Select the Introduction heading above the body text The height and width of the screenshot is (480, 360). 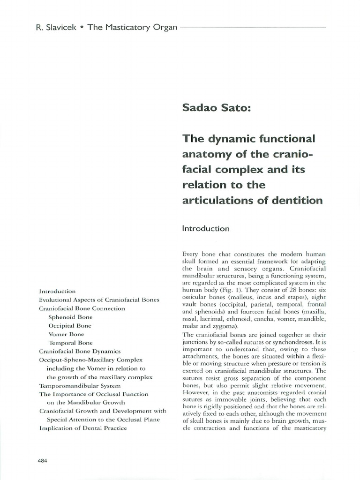coord(205,229)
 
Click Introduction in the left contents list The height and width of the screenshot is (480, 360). coord(57,291)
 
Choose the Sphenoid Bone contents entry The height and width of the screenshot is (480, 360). coord(70,317)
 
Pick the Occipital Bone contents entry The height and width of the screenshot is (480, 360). coord(70,325)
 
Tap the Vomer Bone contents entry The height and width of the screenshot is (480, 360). coord(67,334)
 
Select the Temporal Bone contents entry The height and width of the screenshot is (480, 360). coord(71,343)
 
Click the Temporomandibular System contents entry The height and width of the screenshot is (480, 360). coord(80,385)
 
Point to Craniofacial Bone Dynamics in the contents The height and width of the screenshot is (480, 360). coord(80,351)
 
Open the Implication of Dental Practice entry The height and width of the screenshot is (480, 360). coord(83,428)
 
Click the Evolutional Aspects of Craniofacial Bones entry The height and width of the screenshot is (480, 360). coord(99,300)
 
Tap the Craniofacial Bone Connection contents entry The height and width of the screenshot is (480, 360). coord(82,308)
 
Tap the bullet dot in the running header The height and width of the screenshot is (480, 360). coord(82,27)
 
